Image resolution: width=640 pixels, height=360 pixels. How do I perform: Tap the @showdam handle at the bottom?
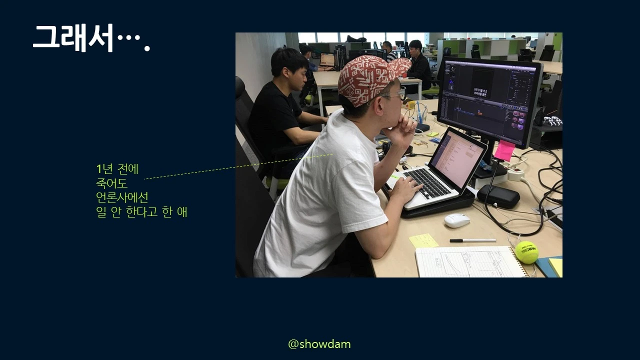pos(319,344)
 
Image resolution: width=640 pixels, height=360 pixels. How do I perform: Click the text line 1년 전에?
pos(117,169)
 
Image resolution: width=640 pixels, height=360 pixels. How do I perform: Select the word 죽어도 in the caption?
pos(111,183)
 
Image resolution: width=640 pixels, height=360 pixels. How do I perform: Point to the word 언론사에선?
pos(122,197)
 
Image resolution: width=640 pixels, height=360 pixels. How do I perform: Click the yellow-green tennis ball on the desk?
pos(526,252)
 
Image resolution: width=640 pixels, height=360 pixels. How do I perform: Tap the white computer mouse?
pos(457,220)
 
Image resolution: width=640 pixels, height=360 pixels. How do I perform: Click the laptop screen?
pos(457,158)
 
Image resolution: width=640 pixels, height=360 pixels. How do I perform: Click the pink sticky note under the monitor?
pos(504,150)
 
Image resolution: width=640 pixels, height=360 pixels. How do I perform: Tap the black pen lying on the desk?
pos(472,240)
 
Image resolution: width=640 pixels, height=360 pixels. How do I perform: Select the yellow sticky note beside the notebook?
pos(423,240)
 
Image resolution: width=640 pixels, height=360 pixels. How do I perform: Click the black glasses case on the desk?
pos(498,196)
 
